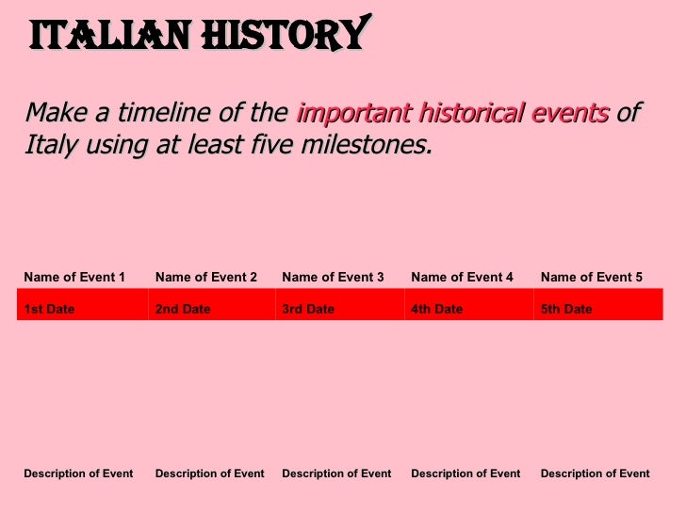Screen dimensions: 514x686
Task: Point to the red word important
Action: tap(346, 114)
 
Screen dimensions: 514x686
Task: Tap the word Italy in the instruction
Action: tap(47, 146)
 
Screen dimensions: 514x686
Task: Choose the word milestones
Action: tap(371, 146)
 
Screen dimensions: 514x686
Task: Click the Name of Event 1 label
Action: tap(74, 277)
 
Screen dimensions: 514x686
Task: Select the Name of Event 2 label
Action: tap(206, 277)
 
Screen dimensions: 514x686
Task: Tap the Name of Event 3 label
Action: tap(333, 277)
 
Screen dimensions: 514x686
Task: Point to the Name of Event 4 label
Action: tap(463, 277)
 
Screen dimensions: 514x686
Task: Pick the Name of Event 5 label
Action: tap(592, 277)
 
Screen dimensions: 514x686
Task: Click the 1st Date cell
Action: tap(49, 309)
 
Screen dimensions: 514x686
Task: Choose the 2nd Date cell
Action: tap(183, 309)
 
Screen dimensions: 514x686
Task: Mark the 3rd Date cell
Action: tap(308, 309)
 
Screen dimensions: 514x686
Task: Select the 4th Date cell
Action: tap(437, 309)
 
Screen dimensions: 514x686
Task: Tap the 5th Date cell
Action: tap(566, 309)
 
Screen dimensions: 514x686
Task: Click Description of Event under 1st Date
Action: tap(78, 474)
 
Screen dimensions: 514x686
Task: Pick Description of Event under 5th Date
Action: tap(595, 474)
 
